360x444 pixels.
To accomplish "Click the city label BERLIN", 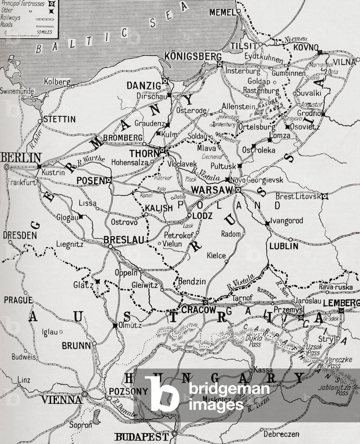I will [x=21, y=158].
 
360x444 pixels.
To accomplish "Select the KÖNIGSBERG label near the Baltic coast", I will [x=193, y=56].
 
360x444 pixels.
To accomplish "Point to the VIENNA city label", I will [x=61, y=399].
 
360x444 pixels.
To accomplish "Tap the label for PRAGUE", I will [x=18, y=300].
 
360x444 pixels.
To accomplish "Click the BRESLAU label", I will [x=124, y=239].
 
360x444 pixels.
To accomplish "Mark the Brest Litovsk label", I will [x=300, y=196].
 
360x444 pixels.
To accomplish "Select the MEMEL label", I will [x=222, y=12].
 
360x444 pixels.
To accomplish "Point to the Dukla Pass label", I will [x=255, y=341].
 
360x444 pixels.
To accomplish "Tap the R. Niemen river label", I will [x=289, y=40].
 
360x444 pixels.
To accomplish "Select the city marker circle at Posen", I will [x=109, y=180].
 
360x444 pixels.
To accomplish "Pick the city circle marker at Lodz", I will [x=189, y=215].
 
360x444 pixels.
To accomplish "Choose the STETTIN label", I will [x=59, y=119].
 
